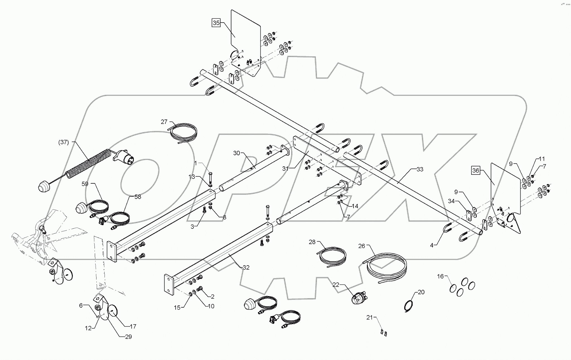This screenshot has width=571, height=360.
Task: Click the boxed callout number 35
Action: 216,23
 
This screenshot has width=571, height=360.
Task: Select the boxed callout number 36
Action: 476,171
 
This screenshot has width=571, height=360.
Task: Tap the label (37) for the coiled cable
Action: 64,142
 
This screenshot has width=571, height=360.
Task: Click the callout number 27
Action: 164,122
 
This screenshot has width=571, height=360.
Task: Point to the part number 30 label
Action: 236,153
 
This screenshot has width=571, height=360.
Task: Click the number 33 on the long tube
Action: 420,169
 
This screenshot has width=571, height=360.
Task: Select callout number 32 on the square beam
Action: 246,267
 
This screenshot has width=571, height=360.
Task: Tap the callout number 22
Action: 336,284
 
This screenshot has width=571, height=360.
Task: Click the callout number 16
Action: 440,276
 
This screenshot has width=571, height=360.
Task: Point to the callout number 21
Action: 369,317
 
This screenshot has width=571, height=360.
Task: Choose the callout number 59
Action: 85,184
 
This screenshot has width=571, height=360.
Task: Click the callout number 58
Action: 138,197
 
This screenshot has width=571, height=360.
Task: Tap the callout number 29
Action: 128,337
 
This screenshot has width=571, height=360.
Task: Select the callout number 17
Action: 133,326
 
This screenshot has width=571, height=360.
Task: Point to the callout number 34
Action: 451,201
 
